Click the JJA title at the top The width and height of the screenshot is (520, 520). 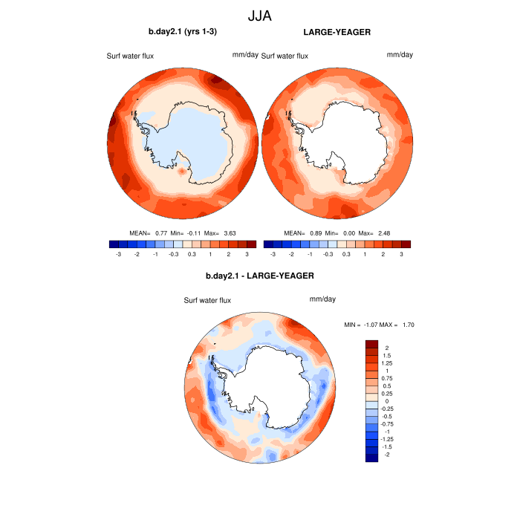pos(260,14)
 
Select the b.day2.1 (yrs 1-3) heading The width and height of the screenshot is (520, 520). pos(183,32)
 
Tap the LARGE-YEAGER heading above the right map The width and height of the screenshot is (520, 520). pos(337,32)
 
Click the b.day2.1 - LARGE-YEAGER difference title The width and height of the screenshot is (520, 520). pos(260,276)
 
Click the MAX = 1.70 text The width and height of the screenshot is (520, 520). pos(397,325)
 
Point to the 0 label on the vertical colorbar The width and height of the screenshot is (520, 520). pos(387,401)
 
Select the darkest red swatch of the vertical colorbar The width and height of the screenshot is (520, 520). pos(372,344)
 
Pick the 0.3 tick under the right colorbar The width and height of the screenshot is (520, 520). pos(346,254)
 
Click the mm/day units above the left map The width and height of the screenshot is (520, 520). pos(244,55)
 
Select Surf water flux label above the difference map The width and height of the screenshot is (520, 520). pos(207,300)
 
